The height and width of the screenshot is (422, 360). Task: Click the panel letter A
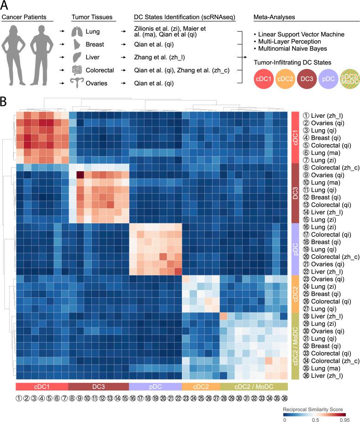tap(6, 6)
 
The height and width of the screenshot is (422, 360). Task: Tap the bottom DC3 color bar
tap(98, 386)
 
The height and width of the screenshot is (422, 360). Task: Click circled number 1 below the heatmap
tap(19, 398)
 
